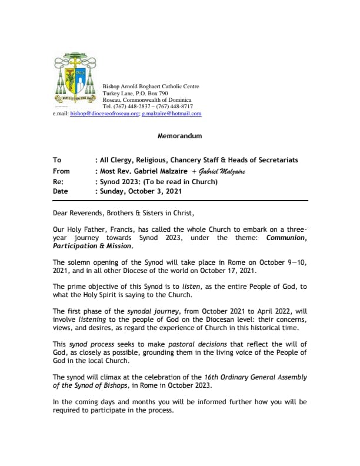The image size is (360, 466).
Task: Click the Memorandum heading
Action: pyautogui.click(x=179, y=136)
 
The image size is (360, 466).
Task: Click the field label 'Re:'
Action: pyautogui.click(x=57, y=181)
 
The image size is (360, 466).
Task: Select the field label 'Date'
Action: pyautogui.click(x=60, y=191)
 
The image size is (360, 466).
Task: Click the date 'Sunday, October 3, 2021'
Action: pyautogui.click(x=141, y=191)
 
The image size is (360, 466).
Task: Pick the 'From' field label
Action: pyautogui.click(x=61, y=171)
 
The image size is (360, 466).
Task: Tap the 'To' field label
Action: pyautogui.click(x=56, y=160)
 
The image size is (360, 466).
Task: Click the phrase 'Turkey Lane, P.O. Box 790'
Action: pyautogui.click(x=135, y=93)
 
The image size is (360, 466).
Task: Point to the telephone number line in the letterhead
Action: pyautogui.click(x=148, y=106)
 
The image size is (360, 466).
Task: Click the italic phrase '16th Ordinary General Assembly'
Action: pyautogui.click(x=249, y=377)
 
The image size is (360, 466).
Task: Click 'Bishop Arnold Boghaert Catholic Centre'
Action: pyautogui.click(x=151, y=86)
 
